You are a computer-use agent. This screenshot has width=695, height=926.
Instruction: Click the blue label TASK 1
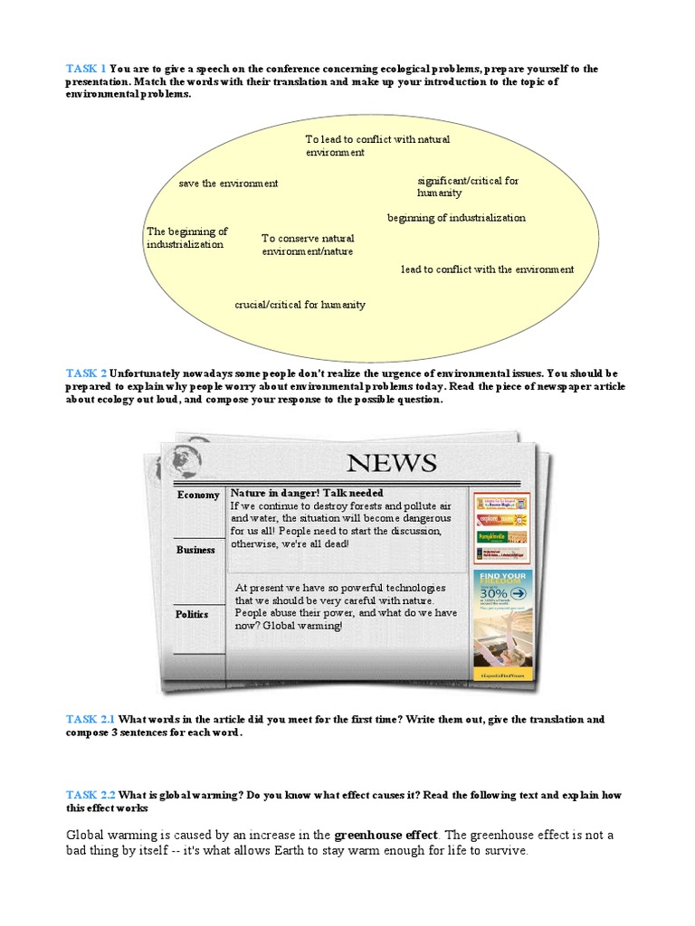86,69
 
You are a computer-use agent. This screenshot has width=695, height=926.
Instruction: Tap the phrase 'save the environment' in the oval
228,184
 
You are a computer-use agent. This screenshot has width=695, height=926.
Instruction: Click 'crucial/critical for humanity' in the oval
300,305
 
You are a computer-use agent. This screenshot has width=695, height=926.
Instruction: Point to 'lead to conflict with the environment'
487,269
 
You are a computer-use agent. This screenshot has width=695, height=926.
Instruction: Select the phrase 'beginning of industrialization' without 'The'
456,218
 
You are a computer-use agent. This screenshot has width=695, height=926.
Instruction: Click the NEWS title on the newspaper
392,463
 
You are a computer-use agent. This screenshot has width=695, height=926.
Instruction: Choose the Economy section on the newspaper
198,496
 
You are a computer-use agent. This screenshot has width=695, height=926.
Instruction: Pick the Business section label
195,550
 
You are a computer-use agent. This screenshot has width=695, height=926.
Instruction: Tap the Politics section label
192,614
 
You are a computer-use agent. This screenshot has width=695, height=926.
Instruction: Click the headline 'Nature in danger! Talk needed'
300,493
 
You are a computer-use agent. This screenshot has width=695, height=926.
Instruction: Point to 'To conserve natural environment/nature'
308,244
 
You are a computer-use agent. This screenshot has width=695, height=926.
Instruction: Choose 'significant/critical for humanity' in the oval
468,186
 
